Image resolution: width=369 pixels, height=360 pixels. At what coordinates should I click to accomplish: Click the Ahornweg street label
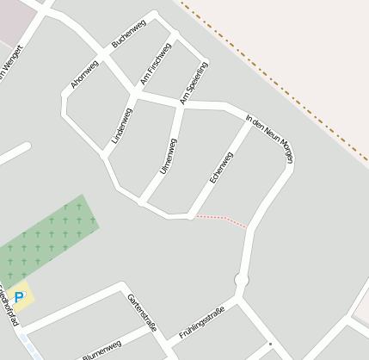(84, 74)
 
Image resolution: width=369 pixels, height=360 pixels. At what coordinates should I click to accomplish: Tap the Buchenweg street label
(128, 33)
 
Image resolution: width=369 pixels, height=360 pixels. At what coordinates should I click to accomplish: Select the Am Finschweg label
(156, 63)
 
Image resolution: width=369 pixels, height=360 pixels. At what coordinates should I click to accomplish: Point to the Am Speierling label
(194, 84)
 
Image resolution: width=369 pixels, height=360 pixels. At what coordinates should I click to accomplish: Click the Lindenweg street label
(121, 126)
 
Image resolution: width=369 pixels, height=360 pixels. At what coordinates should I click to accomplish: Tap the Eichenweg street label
(221, 167)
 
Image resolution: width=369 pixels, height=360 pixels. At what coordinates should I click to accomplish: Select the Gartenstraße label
(142, 312)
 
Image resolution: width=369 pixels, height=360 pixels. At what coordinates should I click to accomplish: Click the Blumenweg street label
(101, 350)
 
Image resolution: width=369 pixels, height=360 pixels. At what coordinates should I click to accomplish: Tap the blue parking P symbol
(19, 296)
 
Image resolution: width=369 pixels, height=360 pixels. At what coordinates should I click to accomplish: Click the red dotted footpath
(222, 220)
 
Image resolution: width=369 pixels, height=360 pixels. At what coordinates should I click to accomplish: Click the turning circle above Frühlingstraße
(242, 281)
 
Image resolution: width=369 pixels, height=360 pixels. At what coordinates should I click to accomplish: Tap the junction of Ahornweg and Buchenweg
(103, 53)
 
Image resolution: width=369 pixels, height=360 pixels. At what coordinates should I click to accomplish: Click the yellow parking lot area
(21, 295)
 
